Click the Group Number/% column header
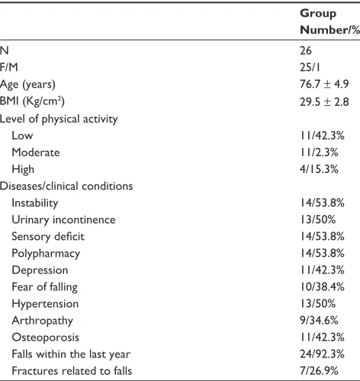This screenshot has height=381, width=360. [x=329, y=21]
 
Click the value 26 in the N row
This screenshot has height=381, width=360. [x=306, y=50]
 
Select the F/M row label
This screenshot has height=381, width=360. [x=9, y=67]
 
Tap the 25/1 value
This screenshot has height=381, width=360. [x=310, y=67]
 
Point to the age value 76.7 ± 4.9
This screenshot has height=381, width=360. [x=324, y=84]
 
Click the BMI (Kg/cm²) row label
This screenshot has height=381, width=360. [x=32, y=101]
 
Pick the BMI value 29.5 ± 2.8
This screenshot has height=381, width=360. [x=324, y=101]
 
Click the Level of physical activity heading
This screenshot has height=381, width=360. [x=59, y=119]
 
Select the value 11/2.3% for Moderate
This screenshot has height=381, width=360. [x=319, y=152]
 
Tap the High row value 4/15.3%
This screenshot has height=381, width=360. [x=319, y=169]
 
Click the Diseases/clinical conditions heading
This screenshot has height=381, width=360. [x=66, y=186]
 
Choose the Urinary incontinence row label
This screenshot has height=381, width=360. [x=63, y=220]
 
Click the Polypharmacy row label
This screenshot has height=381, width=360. [x=46, y=254]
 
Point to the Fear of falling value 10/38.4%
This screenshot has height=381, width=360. [x=322, y=287]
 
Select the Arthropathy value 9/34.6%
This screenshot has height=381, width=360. [x=319, y=321]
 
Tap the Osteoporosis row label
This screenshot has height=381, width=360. [x=46, y=338]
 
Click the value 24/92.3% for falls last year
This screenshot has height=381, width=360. [x=322, y=354]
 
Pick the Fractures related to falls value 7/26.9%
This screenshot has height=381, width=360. [x=319, y=371]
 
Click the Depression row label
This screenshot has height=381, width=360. [x=40, y=271]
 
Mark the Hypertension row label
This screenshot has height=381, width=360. [x=45, y=304]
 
